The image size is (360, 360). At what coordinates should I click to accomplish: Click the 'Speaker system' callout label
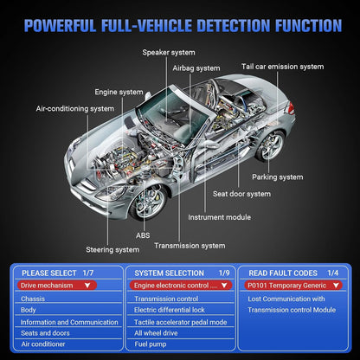point(169,53)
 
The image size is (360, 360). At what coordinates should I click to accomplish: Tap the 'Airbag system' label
point(196,68)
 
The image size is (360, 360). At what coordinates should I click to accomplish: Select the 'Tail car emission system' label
point(283,67)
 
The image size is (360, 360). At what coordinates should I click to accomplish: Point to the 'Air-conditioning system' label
point(75,109)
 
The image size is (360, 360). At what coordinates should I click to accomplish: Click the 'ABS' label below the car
point(143,235)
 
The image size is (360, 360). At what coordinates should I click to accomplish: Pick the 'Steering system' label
point(112,250)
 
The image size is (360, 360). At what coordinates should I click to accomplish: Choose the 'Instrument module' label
point(219,217)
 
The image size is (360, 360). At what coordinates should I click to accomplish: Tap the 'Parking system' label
point(278,177)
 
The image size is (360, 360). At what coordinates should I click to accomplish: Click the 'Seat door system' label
point(241,194)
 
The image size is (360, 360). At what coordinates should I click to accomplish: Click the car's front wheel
point(148,202)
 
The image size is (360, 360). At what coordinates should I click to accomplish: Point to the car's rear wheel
point(270,145)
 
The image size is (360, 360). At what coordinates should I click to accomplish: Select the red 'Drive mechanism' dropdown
point(57,286)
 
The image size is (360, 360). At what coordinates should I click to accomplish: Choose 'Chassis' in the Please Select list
point(33,299)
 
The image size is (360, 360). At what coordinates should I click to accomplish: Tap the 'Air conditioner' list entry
point(43,344)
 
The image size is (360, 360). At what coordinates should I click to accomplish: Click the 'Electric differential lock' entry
point(170,310)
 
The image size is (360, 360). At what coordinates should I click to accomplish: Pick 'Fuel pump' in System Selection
point(151,344)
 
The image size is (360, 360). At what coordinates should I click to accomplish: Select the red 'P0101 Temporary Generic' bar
point(293,286)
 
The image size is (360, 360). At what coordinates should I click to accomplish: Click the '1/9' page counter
point(224,273)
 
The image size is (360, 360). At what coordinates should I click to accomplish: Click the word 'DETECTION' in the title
point(234,25)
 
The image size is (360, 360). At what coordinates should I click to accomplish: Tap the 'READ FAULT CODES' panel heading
point(283,273)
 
